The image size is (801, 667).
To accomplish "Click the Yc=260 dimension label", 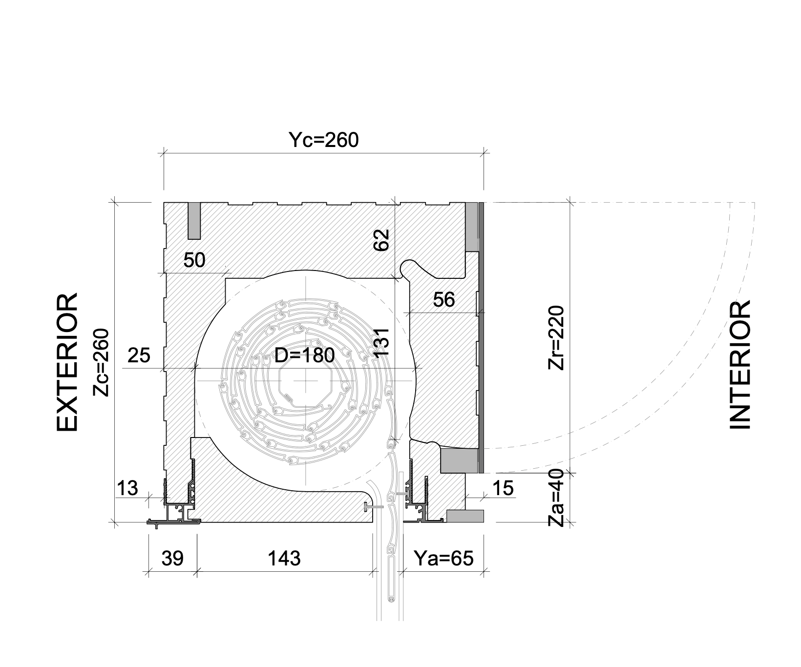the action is [x=323, y=140].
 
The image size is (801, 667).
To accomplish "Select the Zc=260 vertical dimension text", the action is [x=101, y=362].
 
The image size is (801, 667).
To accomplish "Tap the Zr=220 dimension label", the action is [x=556, y=337].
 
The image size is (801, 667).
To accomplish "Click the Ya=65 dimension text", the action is [x=443, y=558].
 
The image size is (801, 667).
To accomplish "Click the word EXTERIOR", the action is [x=67, y=362].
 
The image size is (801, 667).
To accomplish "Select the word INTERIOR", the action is [x=739, y=365].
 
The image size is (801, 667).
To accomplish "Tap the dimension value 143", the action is [x=284, y=558].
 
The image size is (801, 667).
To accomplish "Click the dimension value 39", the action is [x=172, y=558].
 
